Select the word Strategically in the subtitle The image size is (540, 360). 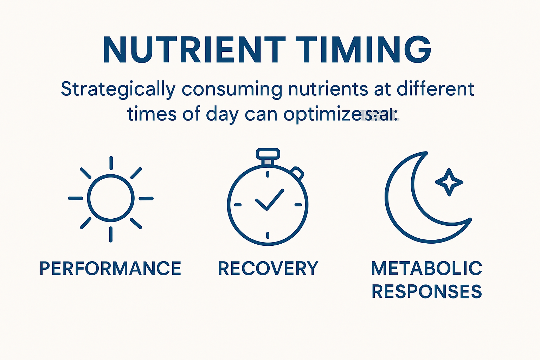tap(118, 89)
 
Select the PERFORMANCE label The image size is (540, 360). tap(110, 269)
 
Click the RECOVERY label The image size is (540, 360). tap(268, 269)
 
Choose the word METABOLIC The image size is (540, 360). tap(426, 269)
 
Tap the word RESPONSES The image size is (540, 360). tap(426, 292)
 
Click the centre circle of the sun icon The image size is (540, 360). tap(111, 198)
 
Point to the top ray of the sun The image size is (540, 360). tap(111, 163)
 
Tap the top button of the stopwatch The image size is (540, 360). tap(268, 154)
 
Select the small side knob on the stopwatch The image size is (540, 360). tap(297, 173)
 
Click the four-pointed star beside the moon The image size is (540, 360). tap(449, 182)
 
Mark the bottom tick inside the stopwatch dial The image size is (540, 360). tap(268, 235)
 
